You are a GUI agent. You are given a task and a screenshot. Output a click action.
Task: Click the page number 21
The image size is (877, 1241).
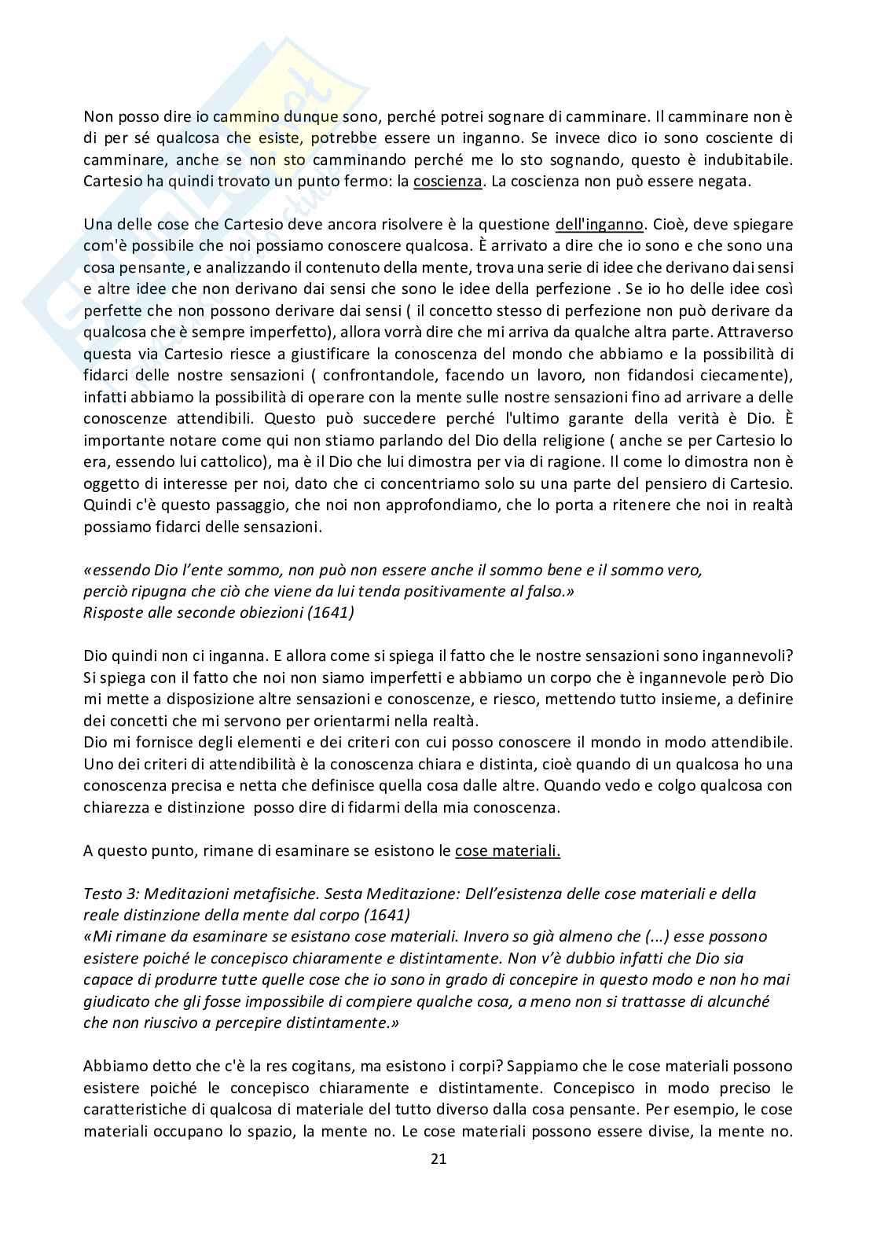(438, 1158)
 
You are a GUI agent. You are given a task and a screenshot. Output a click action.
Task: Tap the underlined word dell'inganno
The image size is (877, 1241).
(599, 223)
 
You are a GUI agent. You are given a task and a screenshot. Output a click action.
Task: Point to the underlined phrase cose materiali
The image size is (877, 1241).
(508, 850)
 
